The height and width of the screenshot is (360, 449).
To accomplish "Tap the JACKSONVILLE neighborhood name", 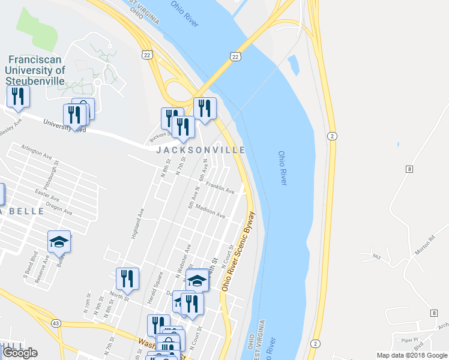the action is pyautogui.click(x=200, y=150).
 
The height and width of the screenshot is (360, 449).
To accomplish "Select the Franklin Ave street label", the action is pyautogui.click(x=220, y=188).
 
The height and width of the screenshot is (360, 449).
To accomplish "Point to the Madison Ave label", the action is pyautogui.click(x=211, y=212).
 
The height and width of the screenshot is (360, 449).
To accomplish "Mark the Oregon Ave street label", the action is pyautogui.click(x=58, y=209).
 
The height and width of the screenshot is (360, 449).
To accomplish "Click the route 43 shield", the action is pyautogui.click(x=56, y=323).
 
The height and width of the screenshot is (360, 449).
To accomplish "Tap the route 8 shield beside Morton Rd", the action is pyautogui.click(x=408, y=170).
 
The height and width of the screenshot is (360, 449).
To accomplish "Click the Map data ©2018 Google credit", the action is pyautogui.click(x=412, y=355).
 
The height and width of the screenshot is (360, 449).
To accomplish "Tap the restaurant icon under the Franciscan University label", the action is pyautogui.click(x=18, y=96).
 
